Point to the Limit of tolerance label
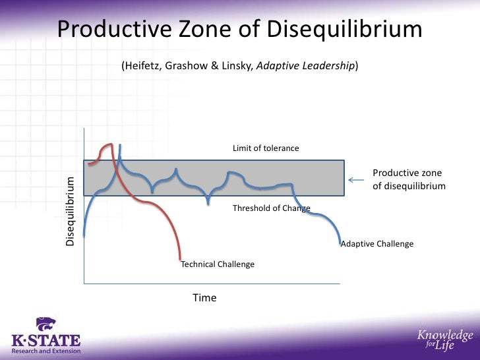tap(266, 148)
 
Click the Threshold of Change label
tap(271, 208)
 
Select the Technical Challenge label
tap(218, 264)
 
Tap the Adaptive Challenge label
tap(377, 244)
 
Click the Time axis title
tap(204, 298)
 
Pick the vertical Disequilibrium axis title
tap(71, 211)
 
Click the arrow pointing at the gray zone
tap(356, 179)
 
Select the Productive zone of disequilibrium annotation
tap(409, 179)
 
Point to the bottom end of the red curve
tap(180, 258)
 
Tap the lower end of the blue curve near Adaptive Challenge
tap(340, 243)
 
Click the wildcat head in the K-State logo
tap(46, 324)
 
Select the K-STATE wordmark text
tap(46, 341)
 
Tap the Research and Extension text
tap(46, 351)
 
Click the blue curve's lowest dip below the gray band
tap(208, 202)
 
